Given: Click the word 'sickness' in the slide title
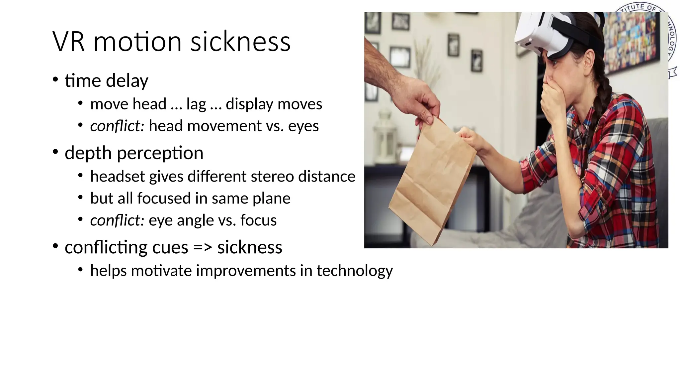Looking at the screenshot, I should point(240,42).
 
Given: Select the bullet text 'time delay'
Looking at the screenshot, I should point(106,81).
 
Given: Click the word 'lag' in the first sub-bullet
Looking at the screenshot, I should point(196,104).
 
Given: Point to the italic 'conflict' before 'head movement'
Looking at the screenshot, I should point(116,126).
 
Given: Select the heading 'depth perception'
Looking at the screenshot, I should point(134,153).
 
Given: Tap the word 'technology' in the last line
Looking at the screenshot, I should point(354,271).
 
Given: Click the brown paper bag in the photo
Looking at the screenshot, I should point(432,186).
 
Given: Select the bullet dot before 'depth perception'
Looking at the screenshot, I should point(55,152).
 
